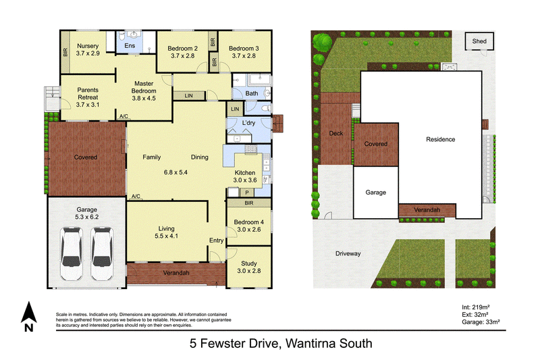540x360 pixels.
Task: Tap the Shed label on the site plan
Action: (x=479, y=41)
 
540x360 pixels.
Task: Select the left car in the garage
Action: (x=72, y=253)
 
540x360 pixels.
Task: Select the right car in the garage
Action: (x=102, y=253)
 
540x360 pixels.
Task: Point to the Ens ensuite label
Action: (x=130, y=45)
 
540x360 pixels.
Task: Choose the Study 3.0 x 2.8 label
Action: (x=248, y=267)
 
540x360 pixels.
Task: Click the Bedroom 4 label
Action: (x=248, y=226)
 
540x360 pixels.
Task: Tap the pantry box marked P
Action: (x=247, y=193)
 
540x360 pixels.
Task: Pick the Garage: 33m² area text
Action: (x=481, y=322)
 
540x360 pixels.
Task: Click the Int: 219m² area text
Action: (x=476, y=307)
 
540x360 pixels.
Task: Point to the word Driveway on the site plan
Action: (x=348, y=253)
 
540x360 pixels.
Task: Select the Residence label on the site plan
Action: (x=441, y=139)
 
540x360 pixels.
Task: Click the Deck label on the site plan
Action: (x=335, y=133)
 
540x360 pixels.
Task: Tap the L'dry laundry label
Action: (x=248, y=123)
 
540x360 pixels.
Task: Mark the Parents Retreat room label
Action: (x=88, y=97)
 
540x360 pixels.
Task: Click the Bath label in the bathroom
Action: (x=251, y=93)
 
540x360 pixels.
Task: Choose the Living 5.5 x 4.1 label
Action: (x=166, y=232)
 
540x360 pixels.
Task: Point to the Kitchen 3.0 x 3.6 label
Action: (x=245, y=176)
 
